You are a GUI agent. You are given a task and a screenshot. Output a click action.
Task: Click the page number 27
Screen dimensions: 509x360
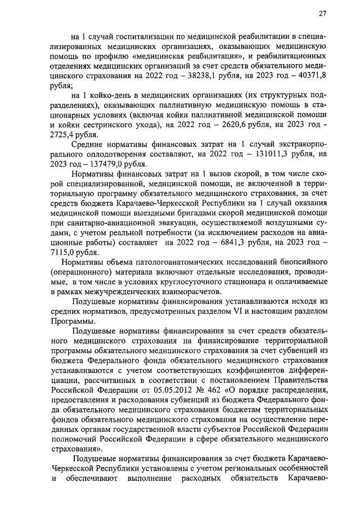point(322,13)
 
